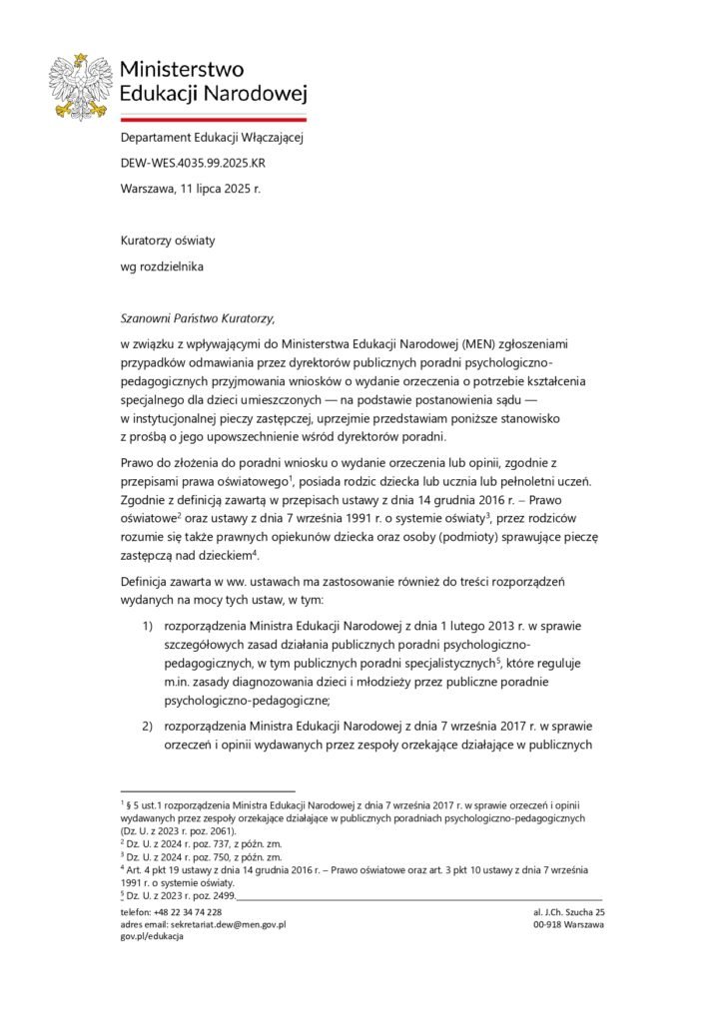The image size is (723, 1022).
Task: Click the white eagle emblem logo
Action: tap(85, 85)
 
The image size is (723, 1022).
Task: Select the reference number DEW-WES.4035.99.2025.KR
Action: tap(193, 161)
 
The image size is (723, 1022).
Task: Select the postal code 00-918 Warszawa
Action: tap(570, 925)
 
